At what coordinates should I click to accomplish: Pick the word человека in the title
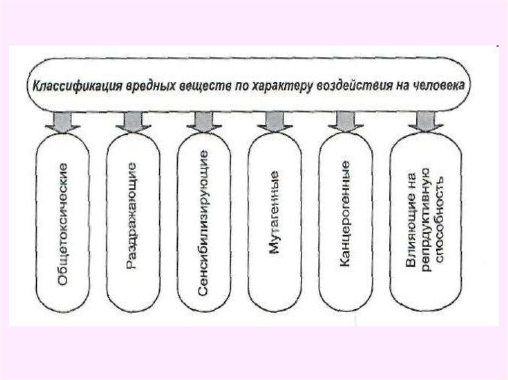(437, 85)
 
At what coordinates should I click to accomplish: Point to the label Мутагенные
(275, 213)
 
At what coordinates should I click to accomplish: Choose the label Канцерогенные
(346, 214)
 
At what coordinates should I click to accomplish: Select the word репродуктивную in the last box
(425, 218)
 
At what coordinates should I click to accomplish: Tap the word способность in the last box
(439, 218)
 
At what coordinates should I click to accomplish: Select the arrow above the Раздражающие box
(133, 122)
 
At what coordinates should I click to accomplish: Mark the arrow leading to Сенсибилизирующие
(204, 122)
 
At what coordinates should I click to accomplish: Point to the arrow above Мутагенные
(275, 122)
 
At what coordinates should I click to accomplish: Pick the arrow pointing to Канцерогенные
(346, 122)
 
